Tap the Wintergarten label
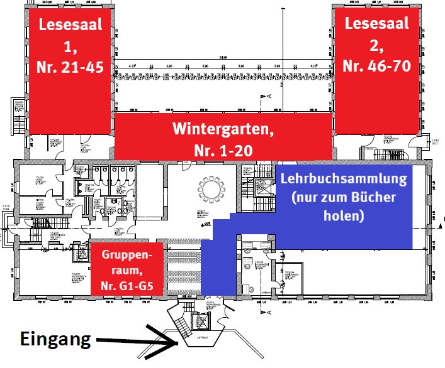click(223, 131)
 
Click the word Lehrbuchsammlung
click(344, 178)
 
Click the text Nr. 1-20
click(223, 151)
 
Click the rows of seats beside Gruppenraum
click(183, 268)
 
